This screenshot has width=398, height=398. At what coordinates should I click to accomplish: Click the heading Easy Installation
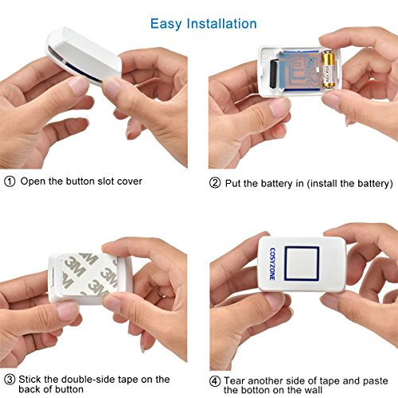[x=204, y=24]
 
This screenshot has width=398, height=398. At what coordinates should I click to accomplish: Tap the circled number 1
[x=10, y=181]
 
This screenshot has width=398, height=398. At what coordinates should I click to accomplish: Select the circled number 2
[x=215, y=183]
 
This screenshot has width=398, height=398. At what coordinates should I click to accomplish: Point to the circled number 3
[x=10, y=380]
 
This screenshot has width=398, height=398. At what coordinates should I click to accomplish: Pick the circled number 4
[x=215, y=381]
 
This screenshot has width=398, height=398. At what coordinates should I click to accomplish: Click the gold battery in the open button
[x=328, y=69]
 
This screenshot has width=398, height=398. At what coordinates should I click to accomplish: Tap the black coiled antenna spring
[x=274, y=74]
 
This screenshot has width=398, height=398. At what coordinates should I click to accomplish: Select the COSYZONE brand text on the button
[x=272, y=264]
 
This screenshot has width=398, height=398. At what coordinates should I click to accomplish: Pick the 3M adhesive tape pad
[x=89, y=275]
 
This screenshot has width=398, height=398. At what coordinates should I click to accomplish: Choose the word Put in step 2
[x=232, y=183]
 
